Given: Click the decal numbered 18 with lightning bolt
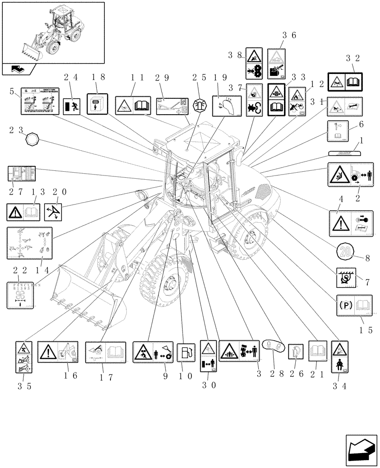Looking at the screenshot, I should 97,104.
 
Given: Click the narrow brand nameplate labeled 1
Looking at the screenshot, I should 344,152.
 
